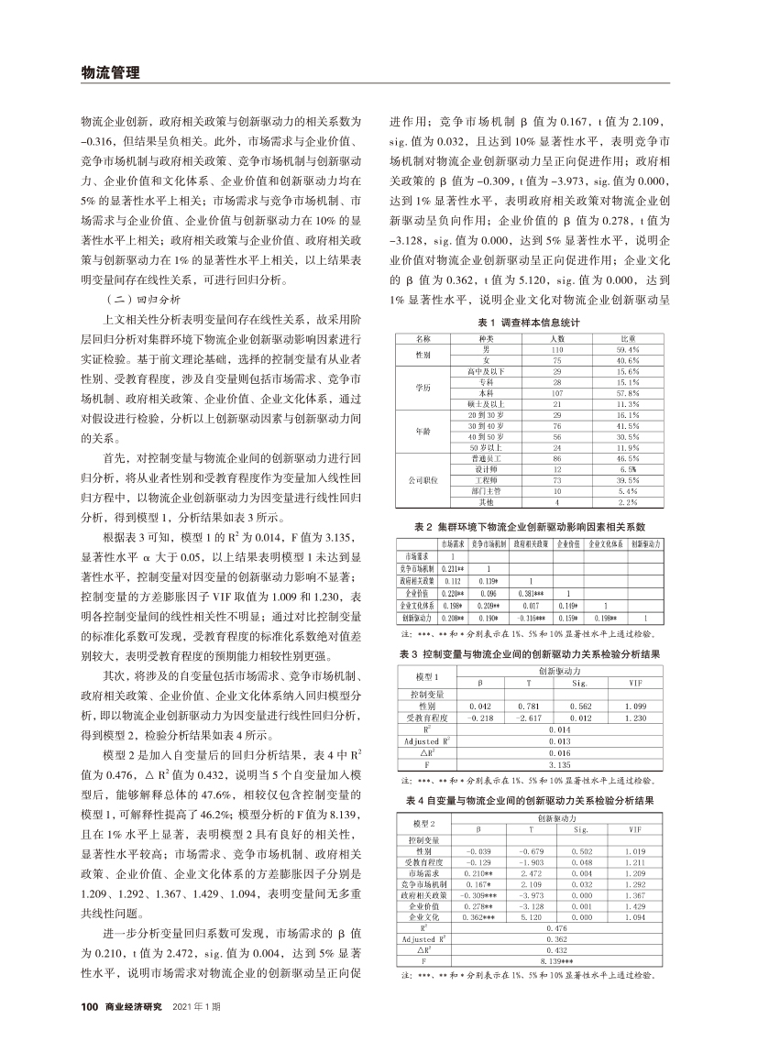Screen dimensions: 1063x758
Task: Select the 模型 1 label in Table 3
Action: tap(421, 675)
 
